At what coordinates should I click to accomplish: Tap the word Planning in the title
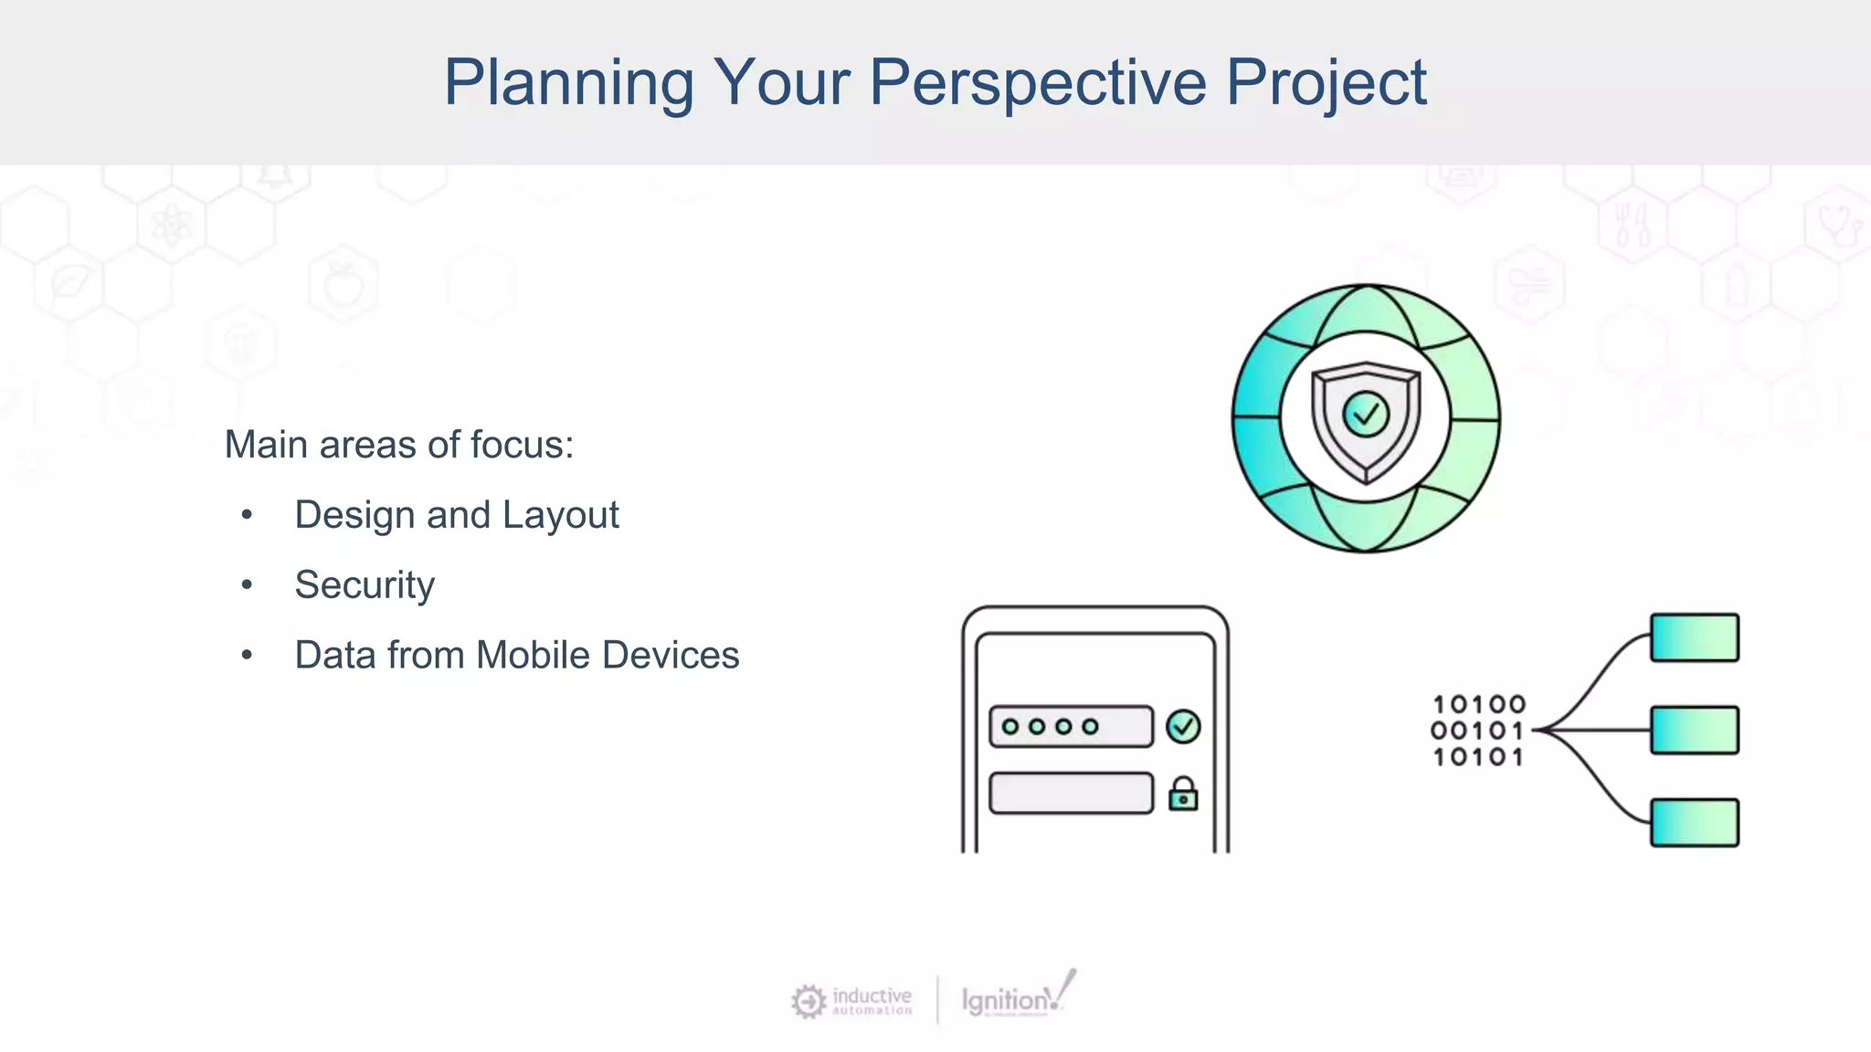(x=568, y=82)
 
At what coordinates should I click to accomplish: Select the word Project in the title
(x=1326, y=82)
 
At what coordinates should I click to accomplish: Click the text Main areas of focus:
(x=399, y=445)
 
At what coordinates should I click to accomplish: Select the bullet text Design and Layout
(x=456, y=515)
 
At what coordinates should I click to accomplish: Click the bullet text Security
(x=364, y=584)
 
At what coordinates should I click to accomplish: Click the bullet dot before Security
(x=246, y=584)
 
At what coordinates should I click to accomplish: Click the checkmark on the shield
(x=1366, y=416)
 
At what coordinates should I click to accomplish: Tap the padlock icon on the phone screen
(x=1183, y=794)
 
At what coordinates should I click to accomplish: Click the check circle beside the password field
(x=1183, y=727)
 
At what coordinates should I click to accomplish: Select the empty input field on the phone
(x=1071, y=793)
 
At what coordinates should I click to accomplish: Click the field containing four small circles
(x=1071, y=727)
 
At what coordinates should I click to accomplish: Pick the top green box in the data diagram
(x=1694, y=637)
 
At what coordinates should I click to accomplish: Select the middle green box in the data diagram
(x=1694, y=730)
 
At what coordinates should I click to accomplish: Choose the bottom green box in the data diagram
(x=1694, y=823)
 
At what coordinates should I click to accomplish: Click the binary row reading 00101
(x=1477, y=731)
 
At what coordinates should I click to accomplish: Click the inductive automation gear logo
(x=809, y=1001)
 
